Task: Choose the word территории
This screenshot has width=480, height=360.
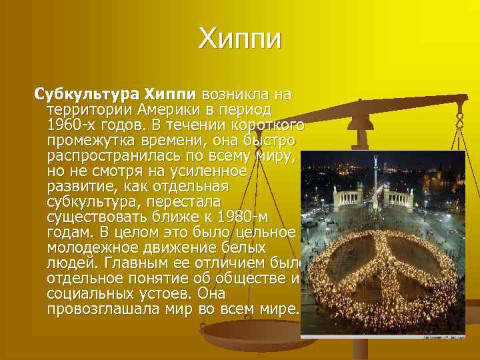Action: [x=91, y=109]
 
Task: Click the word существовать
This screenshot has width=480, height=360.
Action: [x=101, y=217]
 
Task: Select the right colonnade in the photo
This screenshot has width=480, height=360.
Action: [x=399, y=198]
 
